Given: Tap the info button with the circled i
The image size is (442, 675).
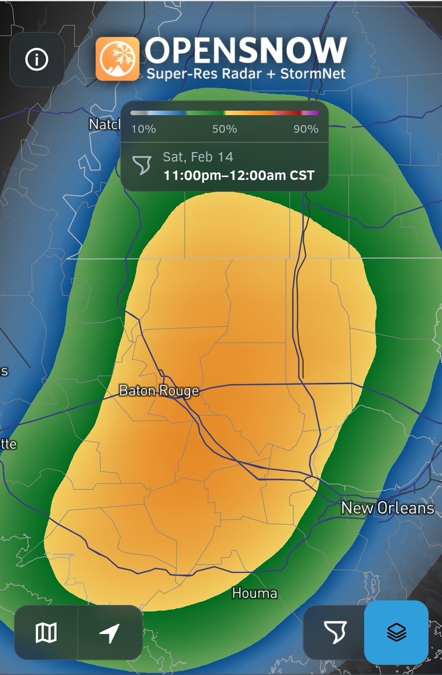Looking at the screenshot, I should click(37, 60).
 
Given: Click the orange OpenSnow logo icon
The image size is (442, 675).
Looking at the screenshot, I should click(117, 58).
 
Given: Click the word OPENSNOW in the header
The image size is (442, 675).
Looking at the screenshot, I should click(246, 51).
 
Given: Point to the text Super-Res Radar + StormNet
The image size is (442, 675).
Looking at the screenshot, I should click(246, 74).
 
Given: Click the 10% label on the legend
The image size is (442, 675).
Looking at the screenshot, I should click(143, 129).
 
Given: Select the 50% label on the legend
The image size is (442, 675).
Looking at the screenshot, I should click(224, 129).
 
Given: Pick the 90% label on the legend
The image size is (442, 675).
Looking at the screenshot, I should click(306, 129).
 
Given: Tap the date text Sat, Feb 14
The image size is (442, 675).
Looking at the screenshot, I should click(198, 157).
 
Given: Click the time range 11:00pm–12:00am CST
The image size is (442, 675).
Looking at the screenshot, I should click(238, 175).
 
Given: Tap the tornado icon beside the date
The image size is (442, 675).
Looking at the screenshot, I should click(142, 165).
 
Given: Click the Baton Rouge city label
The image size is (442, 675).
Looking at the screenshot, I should click(159, 390).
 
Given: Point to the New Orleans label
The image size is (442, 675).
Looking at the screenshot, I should click(387, 508).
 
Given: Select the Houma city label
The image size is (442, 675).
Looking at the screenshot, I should click(255, 593).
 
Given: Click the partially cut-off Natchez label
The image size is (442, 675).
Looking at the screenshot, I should click(105, 124).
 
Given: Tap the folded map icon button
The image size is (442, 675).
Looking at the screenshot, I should click(46, 633).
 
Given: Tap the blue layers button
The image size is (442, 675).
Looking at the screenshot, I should click(396, 633).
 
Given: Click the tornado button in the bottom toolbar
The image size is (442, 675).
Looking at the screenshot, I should click(335, 633).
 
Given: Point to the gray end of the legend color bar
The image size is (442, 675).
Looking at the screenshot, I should click(135, 113).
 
